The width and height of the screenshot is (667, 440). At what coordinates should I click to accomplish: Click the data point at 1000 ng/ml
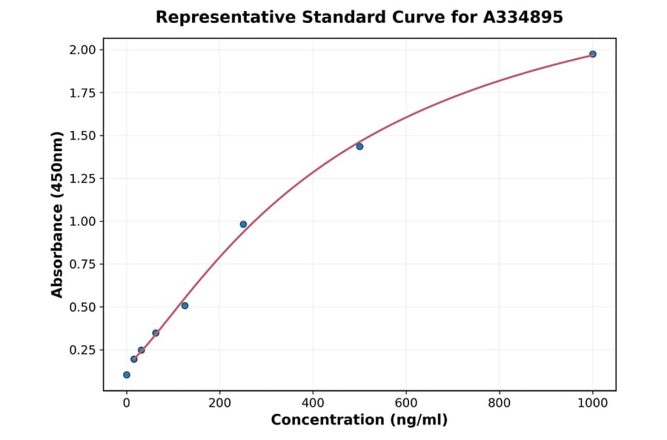(593, 54)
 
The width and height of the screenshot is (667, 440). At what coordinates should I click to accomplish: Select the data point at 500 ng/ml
(359, 147)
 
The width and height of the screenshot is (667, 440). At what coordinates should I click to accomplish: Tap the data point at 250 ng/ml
(243, 224)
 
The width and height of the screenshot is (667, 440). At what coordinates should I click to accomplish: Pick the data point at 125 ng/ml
(185, 305)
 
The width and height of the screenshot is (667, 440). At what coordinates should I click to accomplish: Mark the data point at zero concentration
(127, 375)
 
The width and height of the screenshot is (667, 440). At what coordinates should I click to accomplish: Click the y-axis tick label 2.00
(84, 50)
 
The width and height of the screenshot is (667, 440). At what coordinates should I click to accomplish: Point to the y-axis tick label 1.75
(84, 93)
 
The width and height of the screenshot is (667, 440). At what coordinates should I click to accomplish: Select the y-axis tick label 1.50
(84, 136)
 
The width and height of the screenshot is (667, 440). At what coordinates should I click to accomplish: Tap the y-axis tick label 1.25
(84, 179)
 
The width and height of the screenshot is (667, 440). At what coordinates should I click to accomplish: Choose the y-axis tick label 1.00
(84, 221)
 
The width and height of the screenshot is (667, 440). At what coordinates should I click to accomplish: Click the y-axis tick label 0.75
(84, 264)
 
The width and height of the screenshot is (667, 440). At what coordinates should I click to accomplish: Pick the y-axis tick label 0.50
(84, 307)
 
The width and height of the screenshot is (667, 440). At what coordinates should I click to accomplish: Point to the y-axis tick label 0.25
(84, 350)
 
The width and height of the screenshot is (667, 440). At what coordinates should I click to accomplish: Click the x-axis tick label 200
(219, 403)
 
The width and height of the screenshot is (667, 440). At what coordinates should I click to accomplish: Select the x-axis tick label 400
(313, 403)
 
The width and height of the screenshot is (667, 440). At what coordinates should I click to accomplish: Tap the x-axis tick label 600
(406, 403)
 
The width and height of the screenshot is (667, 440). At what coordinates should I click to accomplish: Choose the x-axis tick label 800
(500, 403)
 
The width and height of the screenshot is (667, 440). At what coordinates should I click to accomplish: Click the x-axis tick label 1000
(593, 403)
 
